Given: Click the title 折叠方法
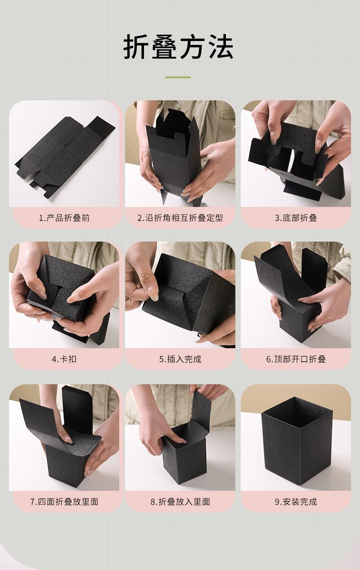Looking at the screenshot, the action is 178,47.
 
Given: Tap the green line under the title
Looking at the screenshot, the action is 178,77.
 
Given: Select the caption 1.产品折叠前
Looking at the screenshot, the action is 64,218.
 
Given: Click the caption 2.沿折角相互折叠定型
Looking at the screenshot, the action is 180,218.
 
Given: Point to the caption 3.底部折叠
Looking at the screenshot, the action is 296,218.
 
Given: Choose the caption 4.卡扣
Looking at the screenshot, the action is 64,359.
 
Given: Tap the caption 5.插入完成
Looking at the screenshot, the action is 180,359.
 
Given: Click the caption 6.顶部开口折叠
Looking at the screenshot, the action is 296,359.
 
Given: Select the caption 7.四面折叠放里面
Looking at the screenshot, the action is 64,502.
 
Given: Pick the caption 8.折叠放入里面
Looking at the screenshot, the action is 180,502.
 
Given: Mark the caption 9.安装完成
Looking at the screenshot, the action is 296,502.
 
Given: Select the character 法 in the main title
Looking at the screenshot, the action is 220,47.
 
